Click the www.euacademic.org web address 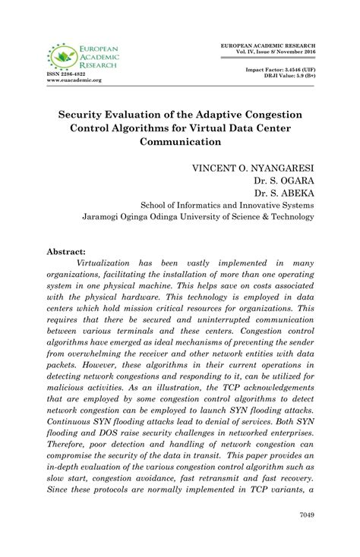tap(74, 80)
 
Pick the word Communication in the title tap(181, 141)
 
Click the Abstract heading tap(68, 250)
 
